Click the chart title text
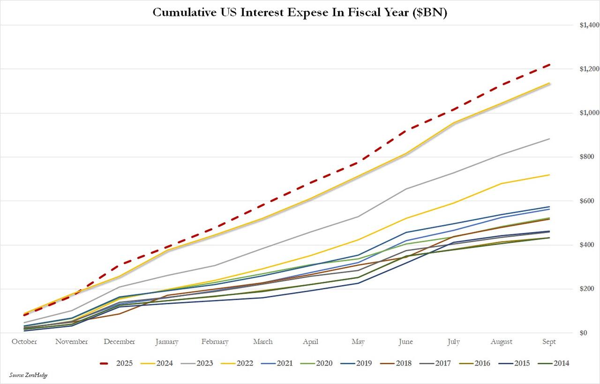pos(300,13)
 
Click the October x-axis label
pos(24,342)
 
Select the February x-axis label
pos(215,342)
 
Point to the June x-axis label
pos(405,342)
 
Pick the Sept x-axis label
pos(548,342)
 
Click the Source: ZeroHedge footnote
pos(28,375)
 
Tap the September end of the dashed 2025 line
pos(549,65)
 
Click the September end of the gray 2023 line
pos(549,139)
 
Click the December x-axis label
pos(120,342)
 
